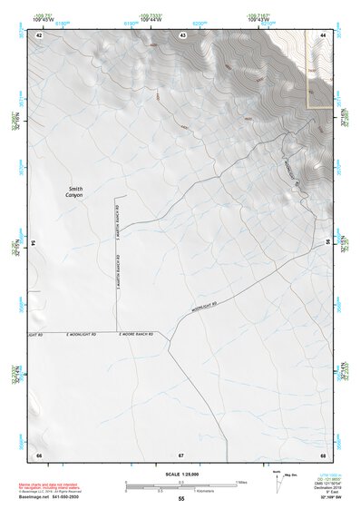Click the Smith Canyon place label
tap(74, 192)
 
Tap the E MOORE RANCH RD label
tap(136, 334)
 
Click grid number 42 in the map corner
tap(39, 34)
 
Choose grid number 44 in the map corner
tap(323, 34)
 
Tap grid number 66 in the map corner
tap(39, 454)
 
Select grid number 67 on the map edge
tap(181, 454)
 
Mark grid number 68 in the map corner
tap(323, 454)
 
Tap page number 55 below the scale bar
tap(181, 499)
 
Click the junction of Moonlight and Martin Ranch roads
tap(116, 330)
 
